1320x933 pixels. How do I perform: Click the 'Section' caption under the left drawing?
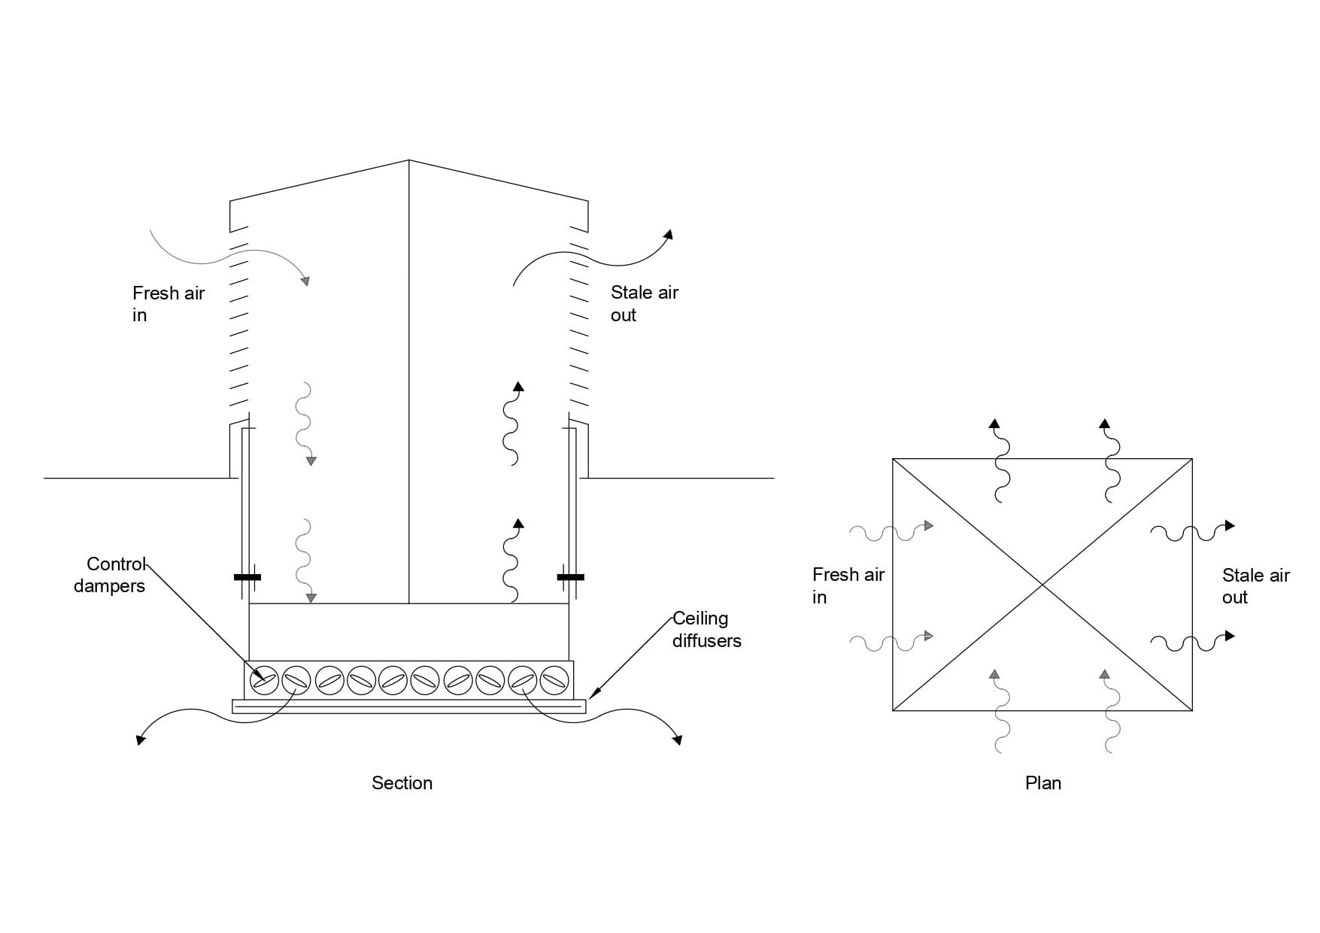pyautogui.click(x=402, y=783)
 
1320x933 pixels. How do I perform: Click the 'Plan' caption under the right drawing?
pyautogui.click(x=1042, y=783)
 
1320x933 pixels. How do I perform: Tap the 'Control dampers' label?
pyautogui.click(x=110, y=575)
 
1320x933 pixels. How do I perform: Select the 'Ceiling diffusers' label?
pyautogui.click(x=706, y=629)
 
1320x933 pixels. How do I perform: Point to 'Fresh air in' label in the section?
pyautogui.click(x=168, y=303)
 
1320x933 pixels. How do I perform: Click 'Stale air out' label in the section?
pyautogui.click(x=644, y=303)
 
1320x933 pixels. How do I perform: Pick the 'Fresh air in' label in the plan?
pyautogui.click(x=848, y=585)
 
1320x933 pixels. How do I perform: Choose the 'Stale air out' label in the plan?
pyautogui.click(x=1255, y=585)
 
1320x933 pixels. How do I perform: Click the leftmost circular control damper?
pyautogui.click(x=263, y=680)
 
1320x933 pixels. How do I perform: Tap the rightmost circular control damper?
pyautogui.click(x=554, y=680)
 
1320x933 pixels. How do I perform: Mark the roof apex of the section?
pyautogui.click(x=409, y=160)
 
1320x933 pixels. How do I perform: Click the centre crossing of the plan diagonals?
pyautogui.click(x=1042, y=585)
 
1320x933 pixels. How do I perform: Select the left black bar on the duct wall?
pyautogui.click(x=247, y=577)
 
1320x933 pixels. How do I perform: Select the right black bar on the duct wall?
pyautogui.click(x=571, y=577)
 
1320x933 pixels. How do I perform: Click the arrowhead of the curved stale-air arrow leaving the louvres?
pyautogui.click(x=668, y=235)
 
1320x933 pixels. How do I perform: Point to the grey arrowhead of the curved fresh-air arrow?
pyautogui.click(x=305, y=281)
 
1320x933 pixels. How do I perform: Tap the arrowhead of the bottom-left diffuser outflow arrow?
pyautogui.click(x=141, y=740)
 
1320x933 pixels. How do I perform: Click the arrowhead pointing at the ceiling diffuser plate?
pyautogui.click(x=592, y=693)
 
